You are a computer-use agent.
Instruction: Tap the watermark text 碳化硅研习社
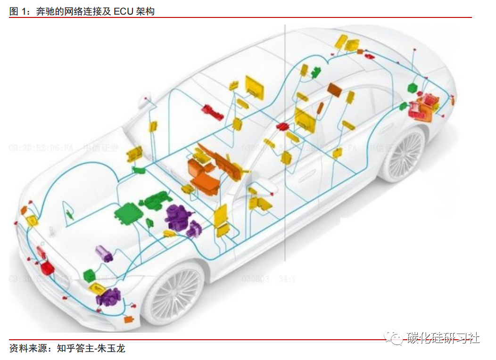pyautogui.click(x=444, y=338)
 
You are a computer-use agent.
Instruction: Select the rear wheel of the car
pyautogui.click(x=403, y=156)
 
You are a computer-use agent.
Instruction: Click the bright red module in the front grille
pyautogui.click(x=47, y=268)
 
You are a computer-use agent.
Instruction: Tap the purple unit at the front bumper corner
pyautogui.click(x=108, y=297)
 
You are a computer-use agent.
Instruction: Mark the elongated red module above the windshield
pyautogui.click(x=212, y=113)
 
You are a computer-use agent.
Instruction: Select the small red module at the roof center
pyautogui.click(x=284, y=127)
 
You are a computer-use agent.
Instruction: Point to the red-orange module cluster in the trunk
pyautogui.click(x=424, y=107)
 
